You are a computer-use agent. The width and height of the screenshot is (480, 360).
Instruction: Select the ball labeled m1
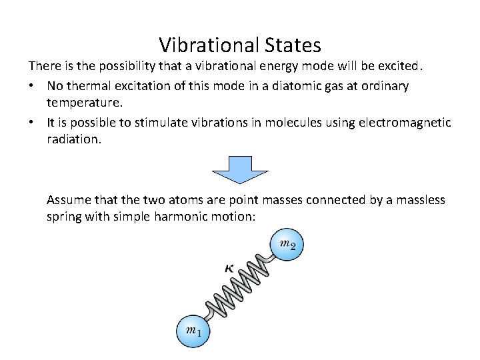[193, 330]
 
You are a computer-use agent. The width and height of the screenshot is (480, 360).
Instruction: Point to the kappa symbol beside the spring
[229, 268]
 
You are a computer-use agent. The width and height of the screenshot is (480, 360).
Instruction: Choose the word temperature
[83, 104]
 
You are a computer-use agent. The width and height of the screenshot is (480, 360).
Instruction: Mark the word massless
[416, 199]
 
